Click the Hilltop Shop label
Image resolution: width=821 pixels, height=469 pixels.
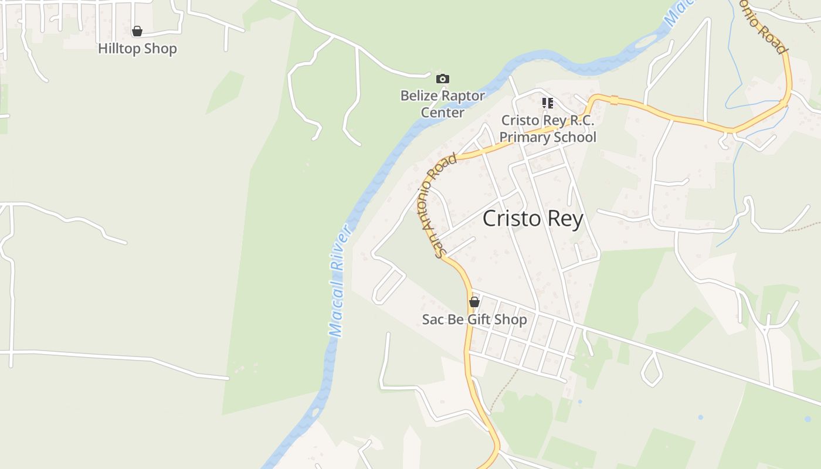[137, 49]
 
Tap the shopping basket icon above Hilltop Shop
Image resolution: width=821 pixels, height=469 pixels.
[137, 31]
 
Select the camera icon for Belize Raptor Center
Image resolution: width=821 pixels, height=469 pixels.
[443, 79]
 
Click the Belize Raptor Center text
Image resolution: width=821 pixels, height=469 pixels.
[443, 104]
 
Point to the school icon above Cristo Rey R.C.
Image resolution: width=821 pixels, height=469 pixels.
[548, 104]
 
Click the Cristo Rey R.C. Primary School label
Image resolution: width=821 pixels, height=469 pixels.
[548, 129]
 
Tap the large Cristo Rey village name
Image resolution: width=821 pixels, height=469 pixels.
[532, 219]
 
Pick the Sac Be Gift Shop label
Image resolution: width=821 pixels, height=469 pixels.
[474, 320]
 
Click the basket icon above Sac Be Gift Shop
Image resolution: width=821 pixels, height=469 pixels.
[474, 303]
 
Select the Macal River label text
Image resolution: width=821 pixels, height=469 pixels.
[339, 281]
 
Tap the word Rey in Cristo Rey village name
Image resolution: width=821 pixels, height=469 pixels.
[565, 219]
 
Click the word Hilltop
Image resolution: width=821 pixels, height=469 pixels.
[119, 49]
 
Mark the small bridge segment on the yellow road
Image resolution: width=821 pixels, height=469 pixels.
[614, 100]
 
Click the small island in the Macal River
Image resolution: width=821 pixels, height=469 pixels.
[646, 42]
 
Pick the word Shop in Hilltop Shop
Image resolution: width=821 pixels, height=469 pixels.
[160, 49]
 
